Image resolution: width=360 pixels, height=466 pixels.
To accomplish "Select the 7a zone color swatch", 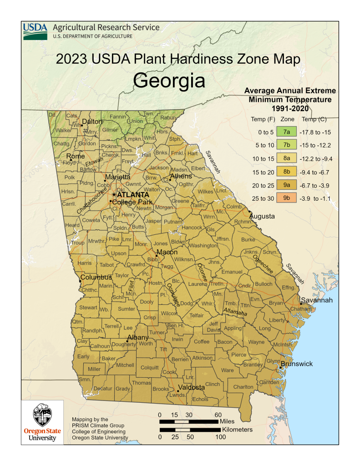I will (x=287, y=132).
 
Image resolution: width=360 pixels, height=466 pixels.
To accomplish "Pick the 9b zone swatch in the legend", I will (x=287, y=198).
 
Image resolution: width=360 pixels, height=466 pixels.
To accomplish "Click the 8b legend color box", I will (x=287, y=172).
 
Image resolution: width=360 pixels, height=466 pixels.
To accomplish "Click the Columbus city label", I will (x=96, y=277).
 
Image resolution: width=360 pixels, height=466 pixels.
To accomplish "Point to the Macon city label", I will (x=167, y=252).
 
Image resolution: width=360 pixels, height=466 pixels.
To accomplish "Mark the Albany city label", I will (x=137, y=337).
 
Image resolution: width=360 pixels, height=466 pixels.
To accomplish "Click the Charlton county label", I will (x=243, y=387).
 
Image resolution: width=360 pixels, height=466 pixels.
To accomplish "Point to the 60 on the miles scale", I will (x=218, y=415).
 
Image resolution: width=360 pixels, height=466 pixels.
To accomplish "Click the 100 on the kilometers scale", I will (x=220, y=437).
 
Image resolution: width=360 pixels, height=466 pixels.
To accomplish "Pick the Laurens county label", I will (x=198, y=284).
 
